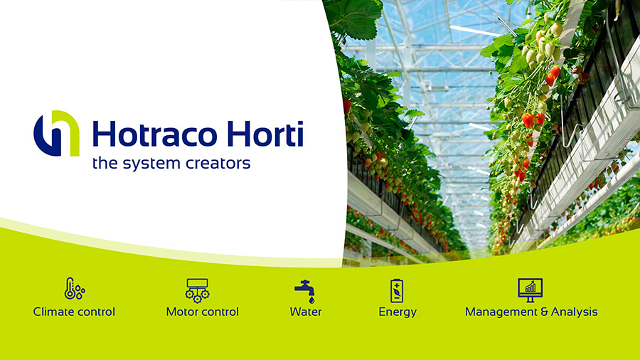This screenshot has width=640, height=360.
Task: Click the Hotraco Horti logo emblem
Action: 56,133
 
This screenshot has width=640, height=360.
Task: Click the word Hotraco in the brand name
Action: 155,134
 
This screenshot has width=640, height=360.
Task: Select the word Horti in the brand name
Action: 265,133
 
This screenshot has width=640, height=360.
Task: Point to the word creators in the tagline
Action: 218,163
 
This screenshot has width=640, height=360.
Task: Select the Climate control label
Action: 74,312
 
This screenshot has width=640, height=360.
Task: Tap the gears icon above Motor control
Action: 198,290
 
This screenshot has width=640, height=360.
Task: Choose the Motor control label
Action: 203,312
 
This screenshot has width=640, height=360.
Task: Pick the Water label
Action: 306,312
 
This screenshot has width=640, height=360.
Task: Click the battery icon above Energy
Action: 397,290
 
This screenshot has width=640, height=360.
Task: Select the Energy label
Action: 398,312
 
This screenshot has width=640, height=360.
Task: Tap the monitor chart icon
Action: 530,290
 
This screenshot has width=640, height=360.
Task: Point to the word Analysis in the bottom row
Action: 575,312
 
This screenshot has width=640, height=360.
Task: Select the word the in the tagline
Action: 105,163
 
